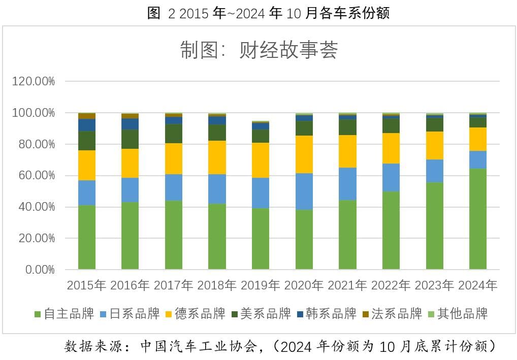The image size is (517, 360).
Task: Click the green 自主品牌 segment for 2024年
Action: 478,219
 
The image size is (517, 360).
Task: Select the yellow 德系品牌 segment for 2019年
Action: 261,160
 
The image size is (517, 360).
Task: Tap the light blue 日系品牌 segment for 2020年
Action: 304,191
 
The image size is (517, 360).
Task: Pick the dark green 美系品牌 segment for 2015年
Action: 87,141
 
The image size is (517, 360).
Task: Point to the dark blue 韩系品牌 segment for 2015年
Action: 87,125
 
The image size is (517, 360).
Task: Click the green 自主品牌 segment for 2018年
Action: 217,237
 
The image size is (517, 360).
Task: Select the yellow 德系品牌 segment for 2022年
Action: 391,148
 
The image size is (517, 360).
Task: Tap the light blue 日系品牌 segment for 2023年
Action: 435,171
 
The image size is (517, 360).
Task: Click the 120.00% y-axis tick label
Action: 34,81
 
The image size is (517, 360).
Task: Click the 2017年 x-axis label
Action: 174,285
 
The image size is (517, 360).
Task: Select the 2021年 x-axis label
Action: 347,285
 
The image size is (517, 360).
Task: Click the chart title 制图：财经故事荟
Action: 258,50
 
